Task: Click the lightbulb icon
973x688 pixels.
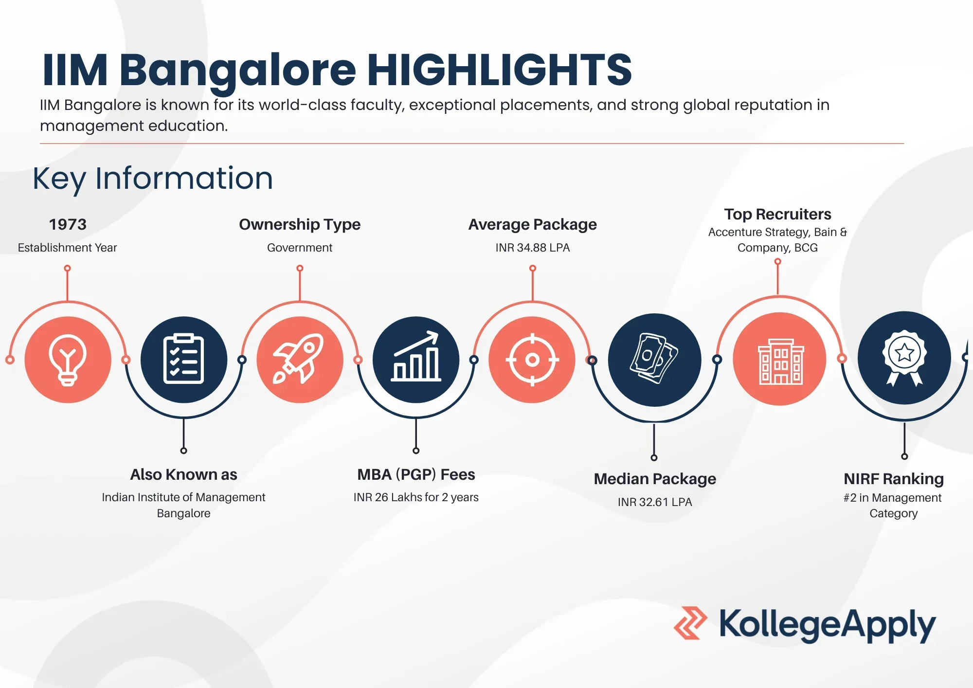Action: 68,360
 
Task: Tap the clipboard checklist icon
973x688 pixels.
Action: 183,360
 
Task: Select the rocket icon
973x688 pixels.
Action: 300,360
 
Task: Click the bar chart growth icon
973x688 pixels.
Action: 416,359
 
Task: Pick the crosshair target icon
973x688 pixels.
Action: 532,360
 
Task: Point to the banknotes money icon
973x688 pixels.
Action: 654,360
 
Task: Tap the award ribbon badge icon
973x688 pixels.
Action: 904,358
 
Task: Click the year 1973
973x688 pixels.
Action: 68,224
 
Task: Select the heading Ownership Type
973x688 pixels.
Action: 300,224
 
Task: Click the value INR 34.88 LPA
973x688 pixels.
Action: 533,248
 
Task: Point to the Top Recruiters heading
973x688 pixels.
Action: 777,214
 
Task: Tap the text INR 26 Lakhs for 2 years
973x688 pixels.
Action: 416,497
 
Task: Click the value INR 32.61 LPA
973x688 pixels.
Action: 655,502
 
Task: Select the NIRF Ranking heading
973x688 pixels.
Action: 894,479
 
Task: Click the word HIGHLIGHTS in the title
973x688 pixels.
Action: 499,70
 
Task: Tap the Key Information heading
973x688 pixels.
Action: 153,179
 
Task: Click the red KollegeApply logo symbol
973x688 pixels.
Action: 690,623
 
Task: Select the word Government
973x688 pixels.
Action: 300,248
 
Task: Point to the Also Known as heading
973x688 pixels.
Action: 183,474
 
